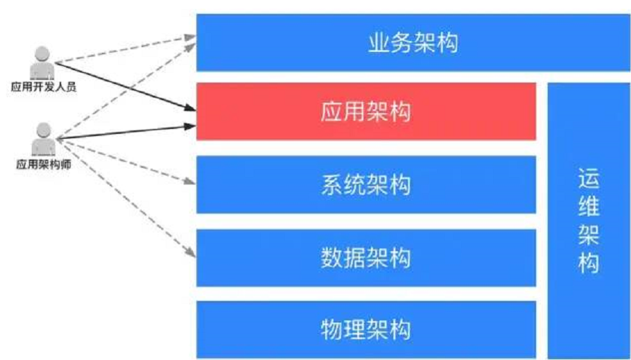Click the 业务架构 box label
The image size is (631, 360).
tap(413, 44)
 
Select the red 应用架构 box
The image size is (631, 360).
tap(365, 112)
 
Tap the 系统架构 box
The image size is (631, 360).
tap(365, 185)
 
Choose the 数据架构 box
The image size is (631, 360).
tap(365, 257)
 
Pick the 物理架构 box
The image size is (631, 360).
tap(365, 329)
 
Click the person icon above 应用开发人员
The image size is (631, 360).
tap(42, 62)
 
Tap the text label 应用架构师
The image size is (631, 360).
tap(43, 164)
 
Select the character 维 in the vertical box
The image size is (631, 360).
tap(588, 207)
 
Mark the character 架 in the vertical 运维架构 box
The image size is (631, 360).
tap(588, 235)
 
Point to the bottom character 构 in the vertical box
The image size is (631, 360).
tap(588, 264)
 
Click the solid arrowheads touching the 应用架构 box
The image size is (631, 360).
tap(191, 117)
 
